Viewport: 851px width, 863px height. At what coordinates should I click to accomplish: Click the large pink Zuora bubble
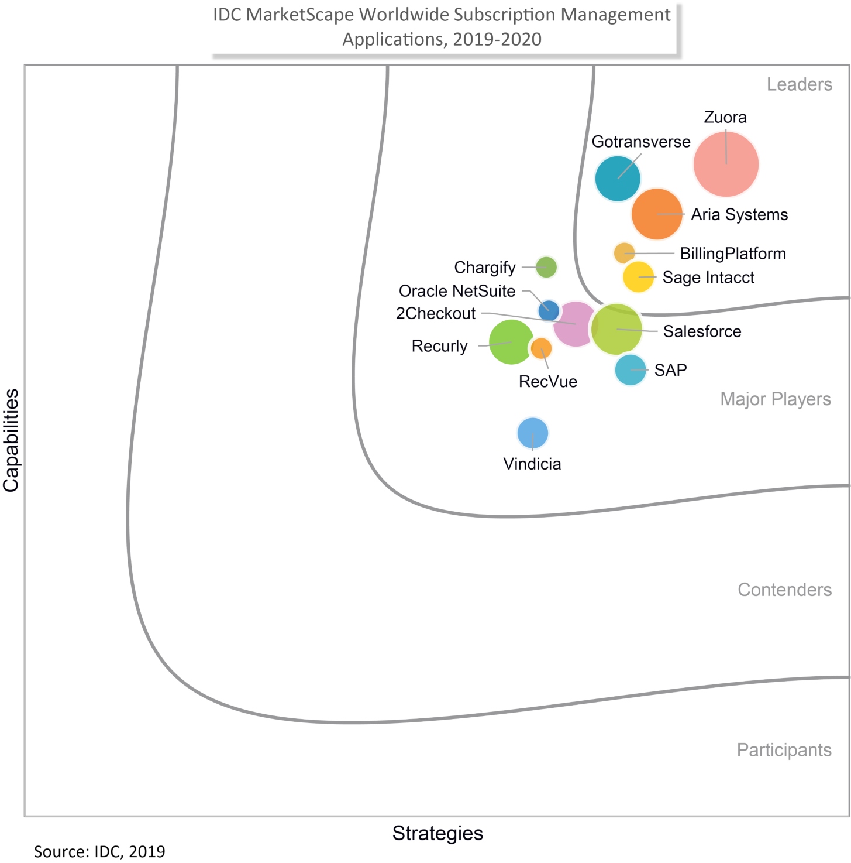[726, 164]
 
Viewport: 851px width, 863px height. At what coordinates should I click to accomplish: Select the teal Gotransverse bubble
[618, 179]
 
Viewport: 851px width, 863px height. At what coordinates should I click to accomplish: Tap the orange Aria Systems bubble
[657, 214]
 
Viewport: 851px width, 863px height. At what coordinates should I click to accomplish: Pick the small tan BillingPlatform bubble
[624, 253]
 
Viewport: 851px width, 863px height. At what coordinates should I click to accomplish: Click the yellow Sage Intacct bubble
[638, 277]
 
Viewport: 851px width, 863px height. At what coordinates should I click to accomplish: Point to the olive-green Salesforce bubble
[617, 330]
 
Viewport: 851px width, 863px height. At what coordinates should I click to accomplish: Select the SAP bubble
[631, 370]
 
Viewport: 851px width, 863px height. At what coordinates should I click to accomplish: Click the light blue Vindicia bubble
[533, 433]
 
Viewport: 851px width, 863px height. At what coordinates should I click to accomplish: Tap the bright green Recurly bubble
[511, 343]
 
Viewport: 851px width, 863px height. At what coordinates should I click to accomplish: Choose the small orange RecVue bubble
[541, 348]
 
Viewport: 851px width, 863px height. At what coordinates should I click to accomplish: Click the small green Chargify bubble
[546, 267]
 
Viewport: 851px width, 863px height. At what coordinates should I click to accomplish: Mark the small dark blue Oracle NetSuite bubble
[548, 310]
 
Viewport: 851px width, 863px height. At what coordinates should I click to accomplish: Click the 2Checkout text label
[436, 313]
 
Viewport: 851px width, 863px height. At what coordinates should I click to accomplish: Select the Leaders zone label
[799, 84]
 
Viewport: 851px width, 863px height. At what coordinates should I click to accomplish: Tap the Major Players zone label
[775, 399]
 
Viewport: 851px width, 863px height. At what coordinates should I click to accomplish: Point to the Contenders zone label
[784, 590]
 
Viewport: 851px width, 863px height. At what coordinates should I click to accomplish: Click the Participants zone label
[784, 750]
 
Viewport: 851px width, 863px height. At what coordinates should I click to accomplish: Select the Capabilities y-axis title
[11, 440]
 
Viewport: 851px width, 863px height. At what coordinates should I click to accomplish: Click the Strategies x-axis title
[437, 833]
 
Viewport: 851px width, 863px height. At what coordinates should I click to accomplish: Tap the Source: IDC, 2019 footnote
[99, 851]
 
